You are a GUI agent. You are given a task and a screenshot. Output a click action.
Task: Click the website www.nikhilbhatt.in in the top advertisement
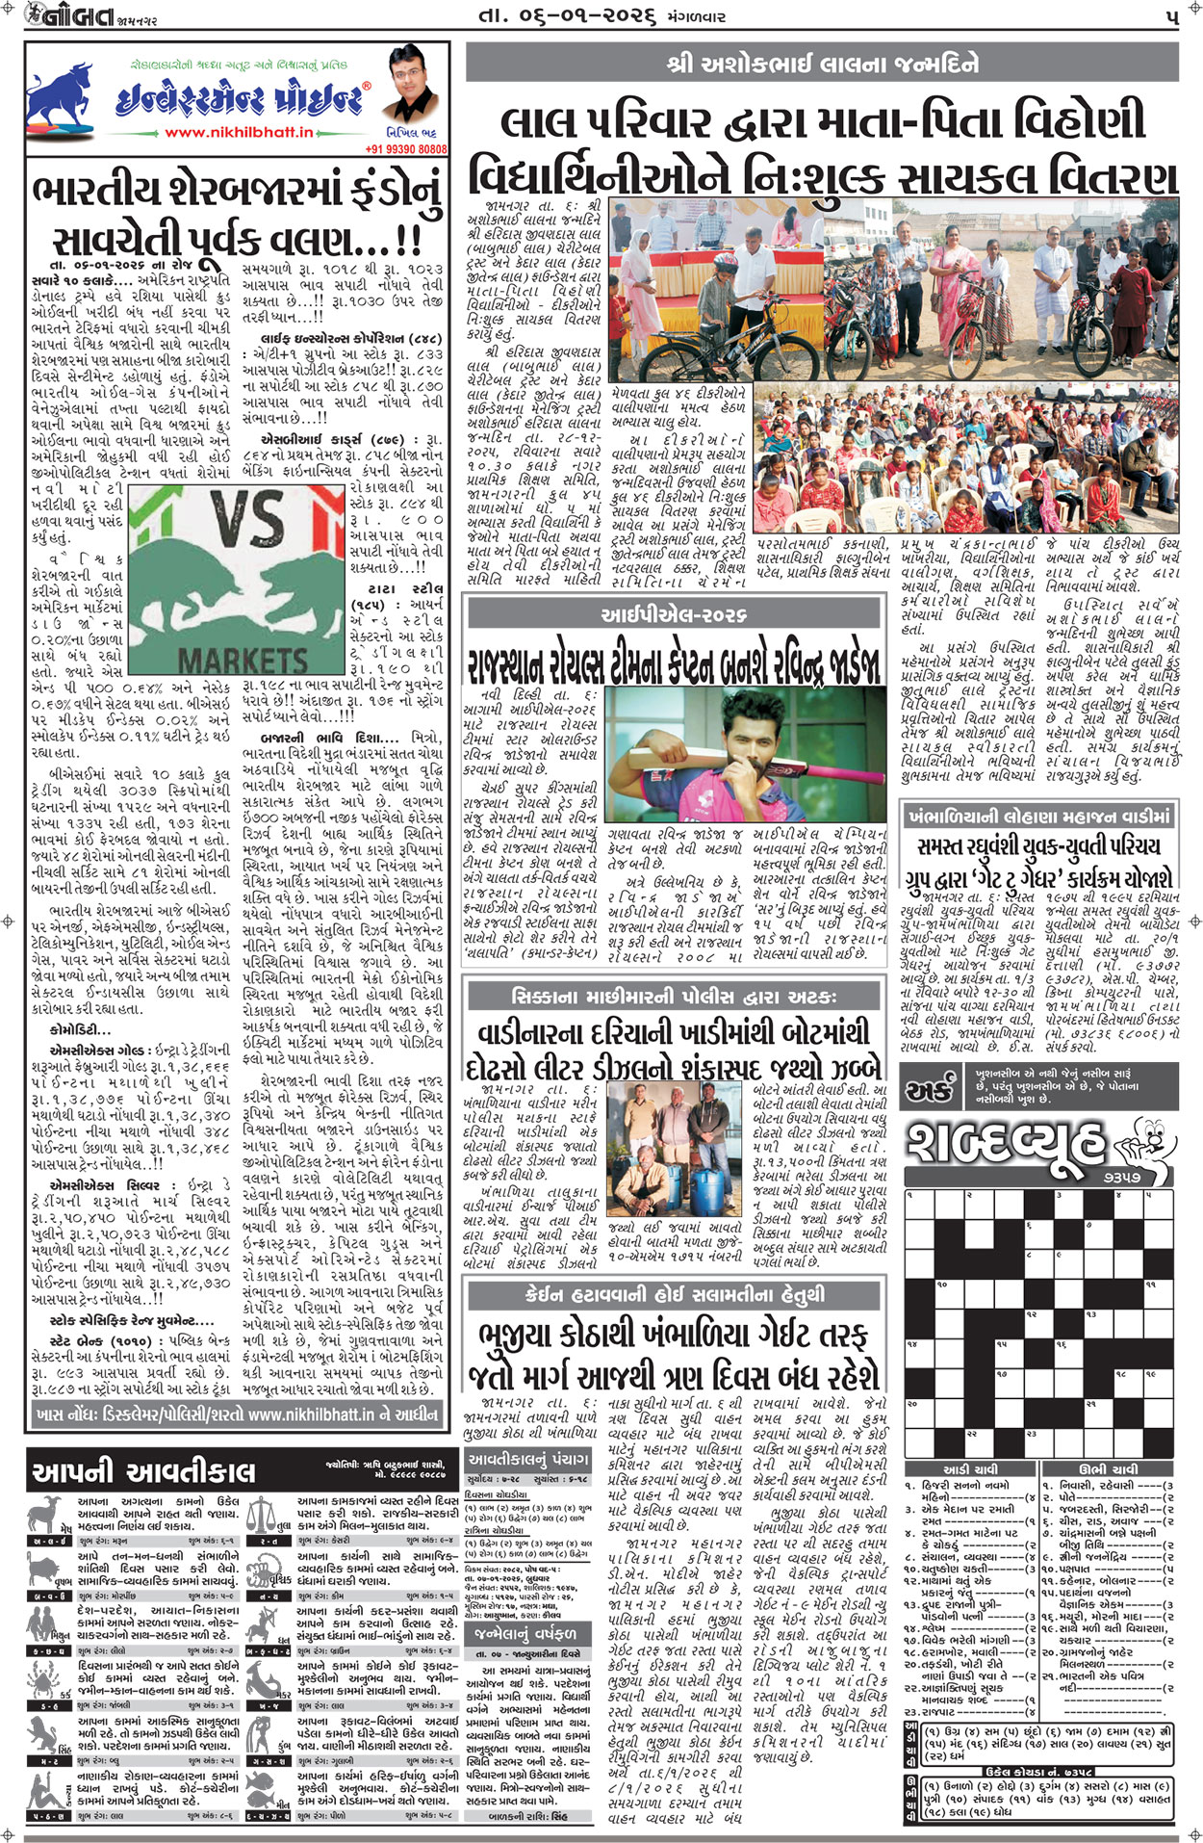[x=239, y=133]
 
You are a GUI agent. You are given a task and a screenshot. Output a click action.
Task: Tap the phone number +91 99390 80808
[x=406, y=149]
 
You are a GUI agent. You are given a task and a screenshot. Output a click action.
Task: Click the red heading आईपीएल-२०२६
[x=673, y=614]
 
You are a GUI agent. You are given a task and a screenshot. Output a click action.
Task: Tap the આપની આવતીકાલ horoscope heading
[x=143, y=1472]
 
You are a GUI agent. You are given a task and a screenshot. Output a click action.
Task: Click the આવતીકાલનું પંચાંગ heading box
[x=528, y=1460]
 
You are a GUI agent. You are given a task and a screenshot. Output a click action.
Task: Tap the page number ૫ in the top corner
[x=1170, y=16]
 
